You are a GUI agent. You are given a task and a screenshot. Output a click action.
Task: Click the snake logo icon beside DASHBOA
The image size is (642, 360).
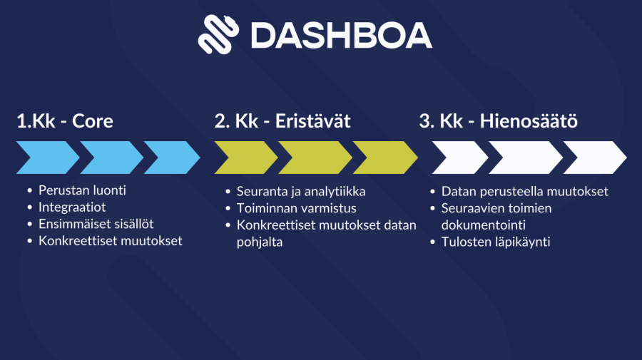[x=218, y=34]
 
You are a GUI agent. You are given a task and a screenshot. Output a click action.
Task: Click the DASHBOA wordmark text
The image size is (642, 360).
[x=342, y=36]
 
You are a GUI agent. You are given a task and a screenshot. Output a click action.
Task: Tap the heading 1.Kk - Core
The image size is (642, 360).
[x=65, y=121]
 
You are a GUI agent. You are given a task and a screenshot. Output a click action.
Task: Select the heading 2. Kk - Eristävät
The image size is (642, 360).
[x=282, y=121]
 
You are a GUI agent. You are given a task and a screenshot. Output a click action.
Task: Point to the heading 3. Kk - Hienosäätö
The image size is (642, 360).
[x=499, y=121]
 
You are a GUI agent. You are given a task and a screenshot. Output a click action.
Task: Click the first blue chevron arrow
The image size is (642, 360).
[x=48, y=158]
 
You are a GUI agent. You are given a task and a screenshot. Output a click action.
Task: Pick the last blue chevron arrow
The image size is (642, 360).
[x=172, y=158]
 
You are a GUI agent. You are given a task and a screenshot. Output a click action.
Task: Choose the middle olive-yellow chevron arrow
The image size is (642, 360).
[x=315, y=158]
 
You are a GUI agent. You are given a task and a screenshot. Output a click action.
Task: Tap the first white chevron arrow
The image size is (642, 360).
[x=460, y=158]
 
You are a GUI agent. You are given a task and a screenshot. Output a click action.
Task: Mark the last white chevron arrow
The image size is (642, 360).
[x=595, y=158]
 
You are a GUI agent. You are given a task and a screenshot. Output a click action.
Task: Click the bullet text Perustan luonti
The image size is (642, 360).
[x=82, y=190]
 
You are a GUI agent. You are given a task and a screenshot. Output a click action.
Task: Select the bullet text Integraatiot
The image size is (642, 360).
[x=72, y=207]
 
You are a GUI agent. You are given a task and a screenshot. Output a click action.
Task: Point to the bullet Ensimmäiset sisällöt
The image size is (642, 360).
[x=96, y=224]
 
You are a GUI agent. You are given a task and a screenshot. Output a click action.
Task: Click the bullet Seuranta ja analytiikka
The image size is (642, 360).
[x=301, y=192]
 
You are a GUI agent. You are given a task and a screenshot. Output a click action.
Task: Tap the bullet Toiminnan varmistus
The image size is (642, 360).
[x=297, y=208]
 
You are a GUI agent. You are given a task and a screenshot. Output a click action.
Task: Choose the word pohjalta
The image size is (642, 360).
[x=260, y=242]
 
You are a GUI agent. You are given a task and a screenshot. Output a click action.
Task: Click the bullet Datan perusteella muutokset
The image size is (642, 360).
[x=525, y=192]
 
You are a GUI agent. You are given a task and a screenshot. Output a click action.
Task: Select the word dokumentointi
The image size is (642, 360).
[x=484, y=225]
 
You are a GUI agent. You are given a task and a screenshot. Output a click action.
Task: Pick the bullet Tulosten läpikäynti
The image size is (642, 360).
[x=496, y=242]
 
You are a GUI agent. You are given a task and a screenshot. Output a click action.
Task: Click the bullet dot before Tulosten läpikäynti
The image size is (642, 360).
[x=433, y=242]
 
